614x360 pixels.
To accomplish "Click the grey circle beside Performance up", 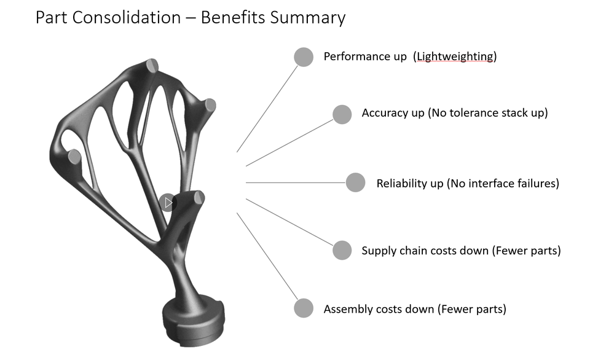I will coord(304,57).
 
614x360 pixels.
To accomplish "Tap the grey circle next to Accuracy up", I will coord(342,114).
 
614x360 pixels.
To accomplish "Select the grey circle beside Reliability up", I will coord(355,182).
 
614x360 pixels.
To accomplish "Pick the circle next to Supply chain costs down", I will coord(342,250).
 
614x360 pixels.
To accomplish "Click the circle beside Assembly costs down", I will coord(304,308).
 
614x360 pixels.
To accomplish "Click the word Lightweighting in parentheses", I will coord(455,57).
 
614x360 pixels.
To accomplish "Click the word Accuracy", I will coord(385,113).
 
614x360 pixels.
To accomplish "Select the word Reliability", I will coord(401,183).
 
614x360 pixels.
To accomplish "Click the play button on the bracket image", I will coord(167,202).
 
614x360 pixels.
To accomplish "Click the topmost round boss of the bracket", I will coord(153,65).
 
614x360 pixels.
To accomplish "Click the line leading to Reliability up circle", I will coord(295,182).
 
